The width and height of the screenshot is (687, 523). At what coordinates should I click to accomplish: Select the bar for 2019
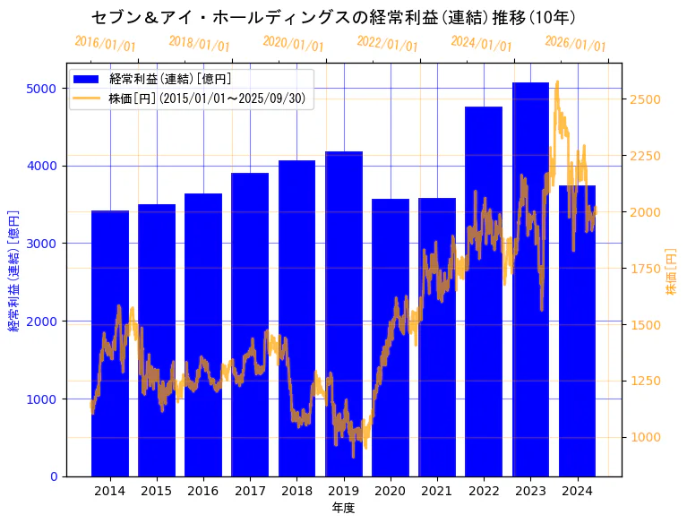click(344, 313)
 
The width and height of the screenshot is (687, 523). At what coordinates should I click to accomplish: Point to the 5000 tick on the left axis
click(47, 89)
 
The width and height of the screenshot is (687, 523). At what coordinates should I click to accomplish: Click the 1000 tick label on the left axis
click(47, 399)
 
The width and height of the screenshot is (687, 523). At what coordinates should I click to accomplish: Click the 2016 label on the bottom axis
click(203, 491)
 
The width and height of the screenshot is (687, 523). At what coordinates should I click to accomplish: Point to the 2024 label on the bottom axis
click(577, 491)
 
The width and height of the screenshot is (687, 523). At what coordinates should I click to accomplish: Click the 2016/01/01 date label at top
click(105, 43)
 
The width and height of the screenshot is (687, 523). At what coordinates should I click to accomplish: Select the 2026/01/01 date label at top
click(575, 43)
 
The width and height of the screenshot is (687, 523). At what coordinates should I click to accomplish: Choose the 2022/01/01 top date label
click(387, 43)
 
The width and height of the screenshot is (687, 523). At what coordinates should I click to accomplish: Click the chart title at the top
click(333, 17)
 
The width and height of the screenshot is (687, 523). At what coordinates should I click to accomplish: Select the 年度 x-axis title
click(343, 508)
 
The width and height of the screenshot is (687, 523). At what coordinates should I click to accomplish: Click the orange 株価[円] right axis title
click(671, 272)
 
